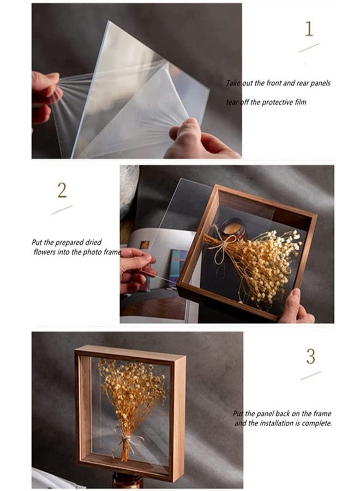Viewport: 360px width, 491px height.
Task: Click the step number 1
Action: tap(309, 28)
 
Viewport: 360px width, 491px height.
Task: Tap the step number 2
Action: tap(62, 190)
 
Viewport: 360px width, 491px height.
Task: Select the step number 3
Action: tap(310, 356)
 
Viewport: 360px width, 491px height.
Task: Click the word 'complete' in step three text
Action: tap(316, 423)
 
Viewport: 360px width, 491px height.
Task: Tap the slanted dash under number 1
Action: tap(309, 48)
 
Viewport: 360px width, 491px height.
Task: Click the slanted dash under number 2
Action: tap(62, 209)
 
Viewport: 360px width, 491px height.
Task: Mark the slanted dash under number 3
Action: tap(310, 376)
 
